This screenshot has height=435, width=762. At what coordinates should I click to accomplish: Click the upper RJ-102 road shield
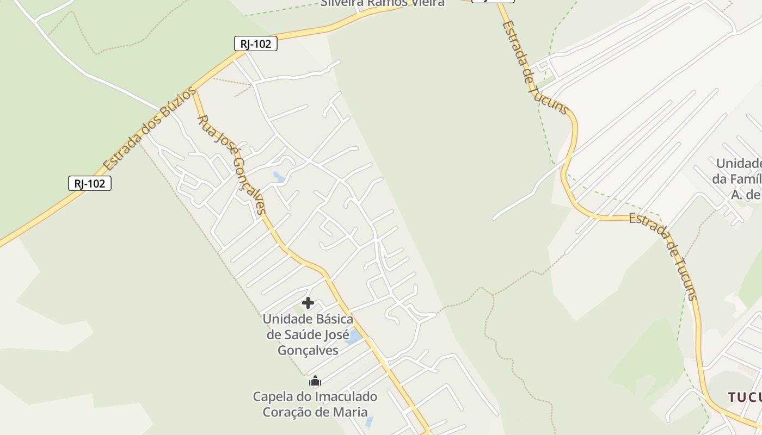click(x=256, y=44)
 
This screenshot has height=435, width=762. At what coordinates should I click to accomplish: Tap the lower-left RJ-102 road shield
click(x=90, y=183)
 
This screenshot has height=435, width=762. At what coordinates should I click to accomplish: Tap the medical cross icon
click(x=308, y=303)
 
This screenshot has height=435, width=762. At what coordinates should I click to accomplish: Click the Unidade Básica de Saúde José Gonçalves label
click(x=308, y=334)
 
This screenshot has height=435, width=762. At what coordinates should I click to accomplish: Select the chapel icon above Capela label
click(x=315, y=381)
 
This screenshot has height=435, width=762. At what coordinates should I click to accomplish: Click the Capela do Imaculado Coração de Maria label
click(x=315, y=404)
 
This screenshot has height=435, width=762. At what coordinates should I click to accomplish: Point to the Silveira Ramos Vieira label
click(x=383, y=3)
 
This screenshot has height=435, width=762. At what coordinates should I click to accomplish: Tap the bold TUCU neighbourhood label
click(x=745, y=397)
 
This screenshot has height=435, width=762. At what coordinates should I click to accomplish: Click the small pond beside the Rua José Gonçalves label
click(x=279, y=177)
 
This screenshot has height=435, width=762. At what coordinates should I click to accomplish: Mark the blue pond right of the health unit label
click(x=354, y=337)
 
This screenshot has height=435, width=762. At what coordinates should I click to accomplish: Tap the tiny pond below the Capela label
click(x=370, y=422)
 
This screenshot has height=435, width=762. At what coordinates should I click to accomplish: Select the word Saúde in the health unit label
click(x=316, y=334)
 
